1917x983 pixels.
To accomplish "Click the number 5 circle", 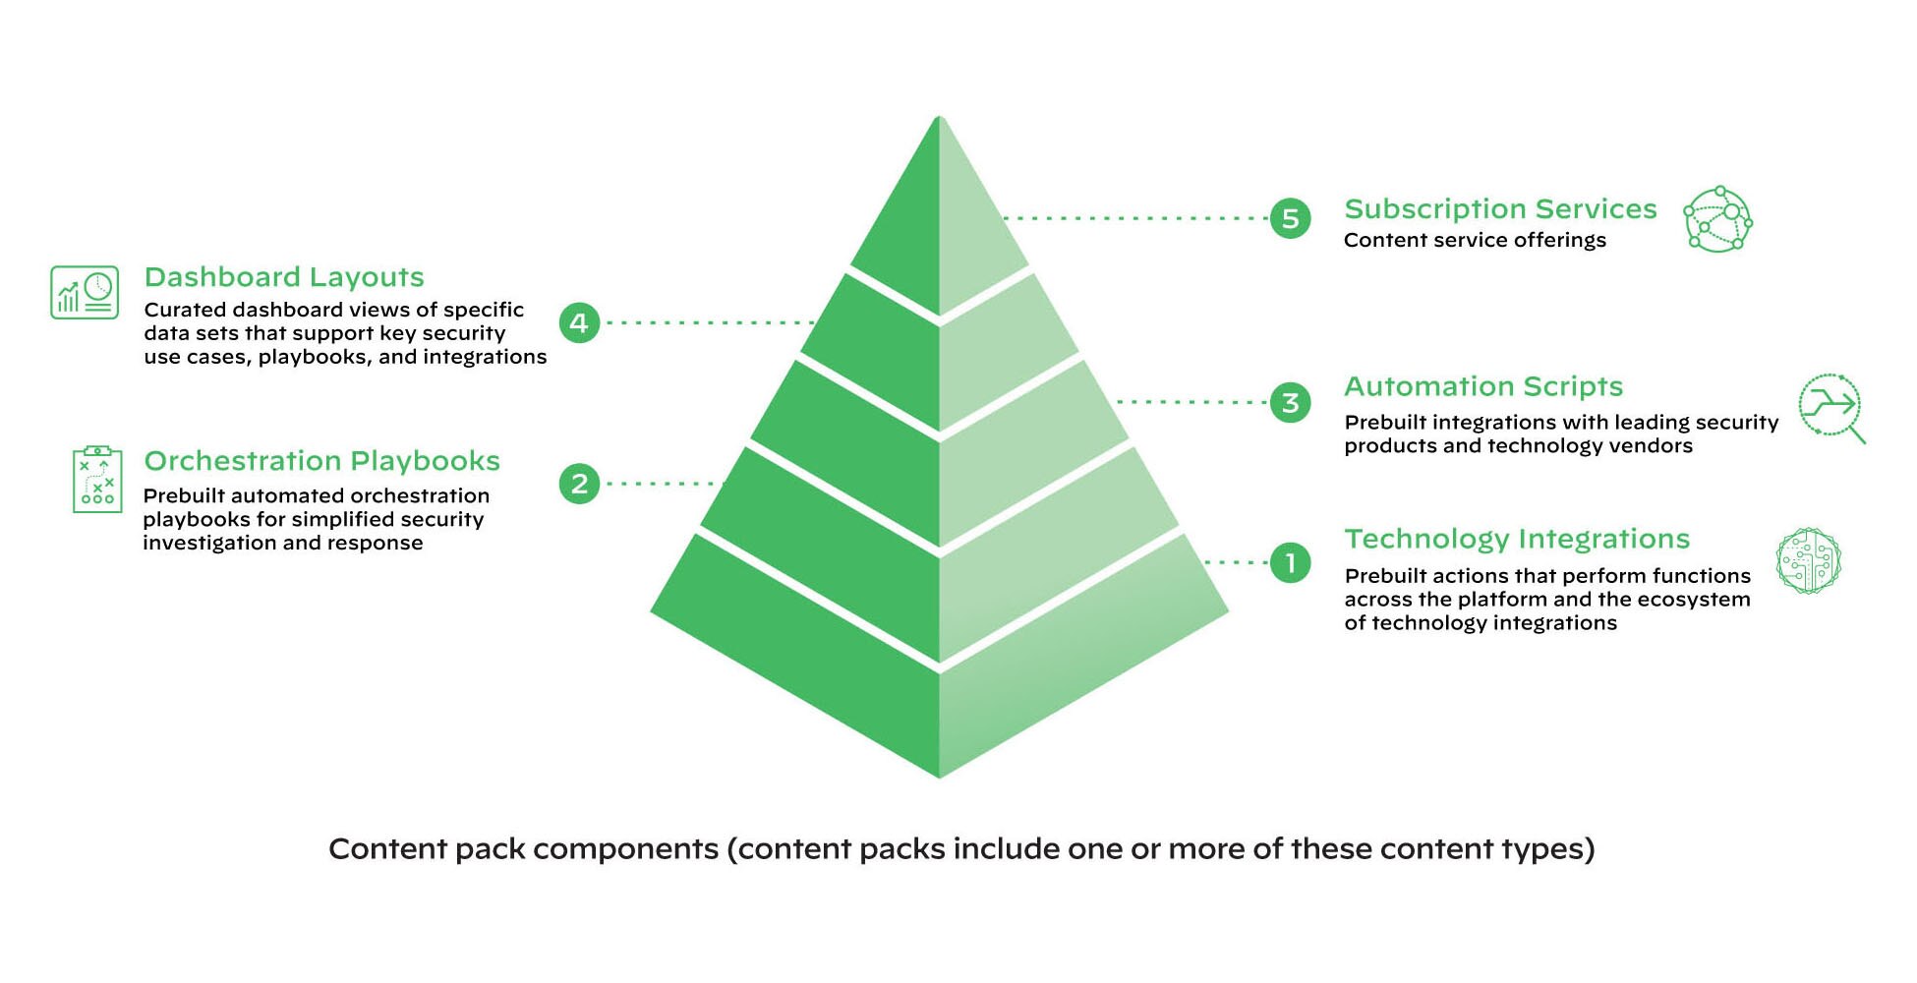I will [x=1290, y=218].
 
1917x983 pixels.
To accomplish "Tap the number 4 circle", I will [x=579, y=322].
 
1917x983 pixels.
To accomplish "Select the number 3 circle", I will [x=1290, y=402].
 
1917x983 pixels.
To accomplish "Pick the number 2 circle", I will [x=579, y=484].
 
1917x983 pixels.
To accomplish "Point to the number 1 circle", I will [x=1290, y=563].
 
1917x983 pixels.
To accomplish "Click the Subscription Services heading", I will [x=1500, y=209].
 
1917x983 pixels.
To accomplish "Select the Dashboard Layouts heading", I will [x=284, y=277].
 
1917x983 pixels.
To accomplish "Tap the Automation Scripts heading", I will [x=1482, y=386].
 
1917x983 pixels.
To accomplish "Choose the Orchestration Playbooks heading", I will [x=321, y=461].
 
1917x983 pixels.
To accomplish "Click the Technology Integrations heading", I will [x=1517, y=539].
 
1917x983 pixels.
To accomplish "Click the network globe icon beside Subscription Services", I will [x=1717, y=219].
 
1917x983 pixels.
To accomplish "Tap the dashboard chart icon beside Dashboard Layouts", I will [x=85, y=292].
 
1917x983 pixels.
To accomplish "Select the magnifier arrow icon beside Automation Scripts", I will [x=1830, y=406].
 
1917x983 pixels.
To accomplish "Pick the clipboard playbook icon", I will [x=97, y=480].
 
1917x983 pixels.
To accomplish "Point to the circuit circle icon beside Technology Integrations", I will [x=1808, y=561].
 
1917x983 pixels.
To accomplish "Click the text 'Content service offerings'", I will [x=1475, y=241].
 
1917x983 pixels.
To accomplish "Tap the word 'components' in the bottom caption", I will [x=625, y=849].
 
